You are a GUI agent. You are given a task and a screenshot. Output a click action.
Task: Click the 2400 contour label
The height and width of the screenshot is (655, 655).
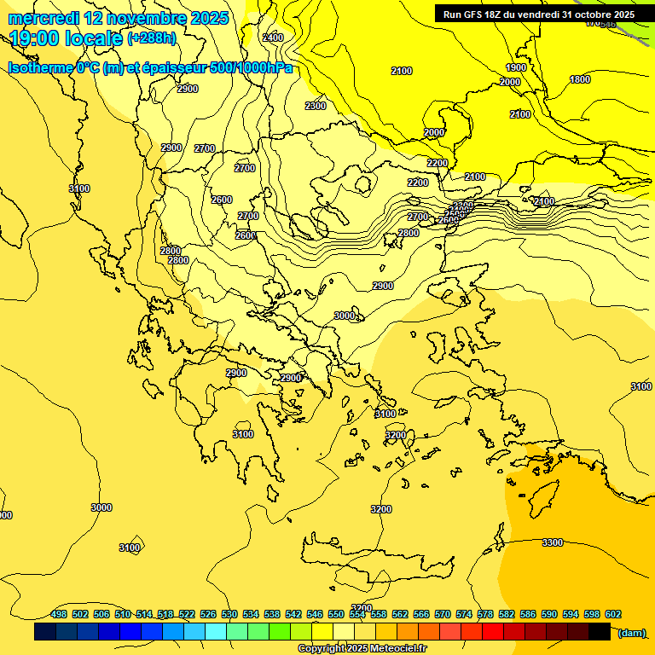(x=273, y=38)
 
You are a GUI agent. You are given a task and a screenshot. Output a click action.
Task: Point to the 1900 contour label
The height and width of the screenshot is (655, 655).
(x=516, y=67)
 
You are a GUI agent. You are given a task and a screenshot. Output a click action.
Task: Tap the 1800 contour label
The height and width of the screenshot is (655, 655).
(x=580, y=79)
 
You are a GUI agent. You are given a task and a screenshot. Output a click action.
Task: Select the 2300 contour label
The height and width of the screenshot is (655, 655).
(x=316, y=106)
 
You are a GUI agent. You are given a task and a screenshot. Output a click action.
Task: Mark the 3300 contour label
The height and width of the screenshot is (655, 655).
(x=553, y=542)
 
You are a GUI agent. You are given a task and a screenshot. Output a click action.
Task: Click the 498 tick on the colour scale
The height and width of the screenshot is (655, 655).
(x=59, y=614)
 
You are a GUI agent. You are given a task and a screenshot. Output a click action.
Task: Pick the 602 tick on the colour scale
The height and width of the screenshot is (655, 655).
(x=613, y=614)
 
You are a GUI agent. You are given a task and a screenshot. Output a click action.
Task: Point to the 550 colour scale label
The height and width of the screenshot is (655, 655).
(x=336, y=614)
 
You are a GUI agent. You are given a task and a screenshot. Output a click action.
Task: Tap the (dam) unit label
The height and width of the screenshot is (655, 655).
(x=631, y=632)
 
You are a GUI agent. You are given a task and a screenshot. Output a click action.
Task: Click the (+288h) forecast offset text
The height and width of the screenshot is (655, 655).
(x=152, y=38)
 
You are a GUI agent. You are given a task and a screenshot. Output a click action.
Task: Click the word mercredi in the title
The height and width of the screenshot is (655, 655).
(x=43, y=17)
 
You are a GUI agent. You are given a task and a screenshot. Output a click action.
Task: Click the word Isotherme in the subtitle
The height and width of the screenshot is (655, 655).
(x=39, y=67)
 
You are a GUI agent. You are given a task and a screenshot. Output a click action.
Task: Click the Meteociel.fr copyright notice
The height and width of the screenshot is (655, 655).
(x=362, y=649)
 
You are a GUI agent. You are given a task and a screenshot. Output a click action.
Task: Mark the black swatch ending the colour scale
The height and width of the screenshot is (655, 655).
(x=600, y=632)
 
